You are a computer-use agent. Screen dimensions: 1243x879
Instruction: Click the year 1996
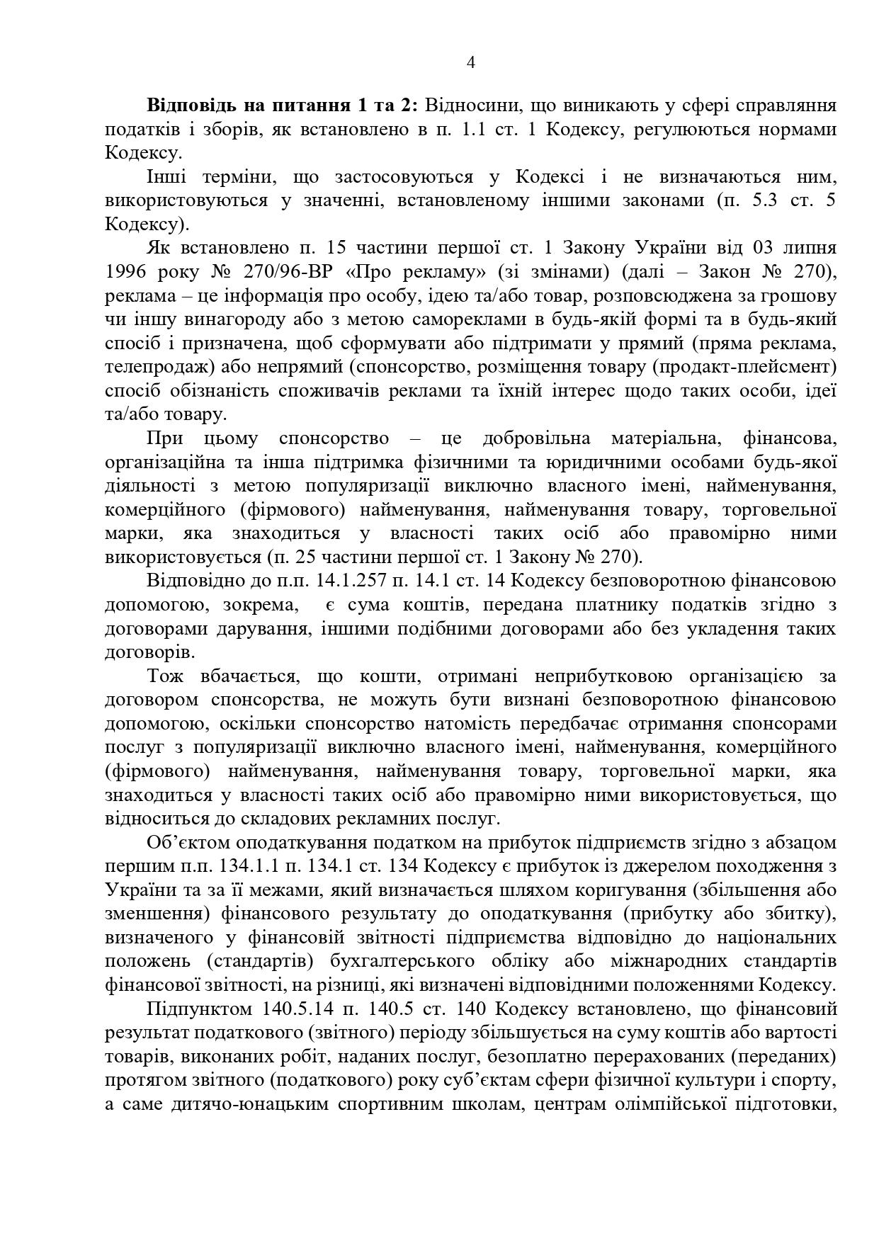[x=125, y=272]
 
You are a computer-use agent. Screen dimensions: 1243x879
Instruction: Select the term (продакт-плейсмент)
[x=746, y=368]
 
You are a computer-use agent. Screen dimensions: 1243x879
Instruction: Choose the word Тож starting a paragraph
[x=164, y=676]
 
